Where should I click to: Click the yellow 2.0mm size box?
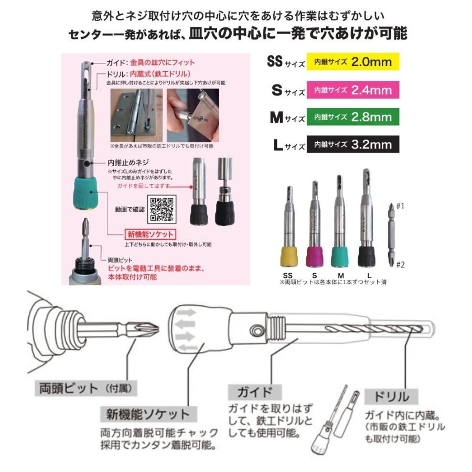(353, 62)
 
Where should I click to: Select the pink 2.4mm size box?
(353, 90)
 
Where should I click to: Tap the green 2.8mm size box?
(353, 117)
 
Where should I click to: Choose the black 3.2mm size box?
(353, 144)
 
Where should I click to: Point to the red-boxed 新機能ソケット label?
(149, 234)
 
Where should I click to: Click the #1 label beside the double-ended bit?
(400, 207)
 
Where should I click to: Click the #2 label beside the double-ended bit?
(400, 265)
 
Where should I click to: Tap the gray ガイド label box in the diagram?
(255, 392)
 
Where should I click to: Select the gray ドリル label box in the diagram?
(388, 396)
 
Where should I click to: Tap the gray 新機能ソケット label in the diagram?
(144, 414)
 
